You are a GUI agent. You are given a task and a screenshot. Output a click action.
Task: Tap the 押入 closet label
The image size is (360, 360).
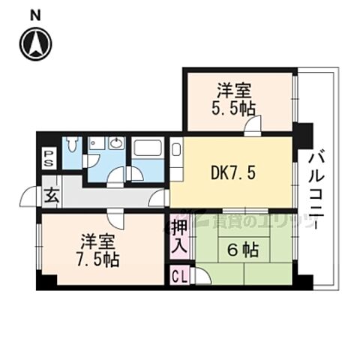click(178, 234)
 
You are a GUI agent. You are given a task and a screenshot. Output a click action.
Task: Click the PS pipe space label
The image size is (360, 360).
click(48, 157)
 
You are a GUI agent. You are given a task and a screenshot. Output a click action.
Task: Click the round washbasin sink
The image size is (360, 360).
click(116, 143)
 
